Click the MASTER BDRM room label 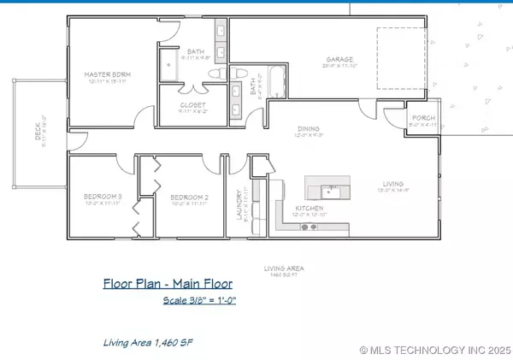pyautogui.click(x=105, y=75)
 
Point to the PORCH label pyautogui.click(x=423, y=118)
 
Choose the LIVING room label pyautogui.click(x=392, y=183)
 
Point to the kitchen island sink pyautogui.click(x=329, y=189)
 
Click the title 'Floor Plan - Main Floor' pyautogui.click(x=168, y=284)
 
